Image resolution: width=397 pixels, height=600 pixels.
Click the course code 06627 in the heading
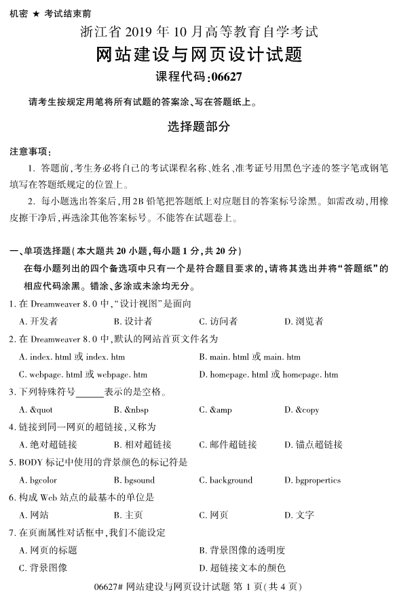point(224,77)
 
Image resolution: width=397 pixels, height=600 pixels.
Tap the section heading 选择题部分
point(198,126)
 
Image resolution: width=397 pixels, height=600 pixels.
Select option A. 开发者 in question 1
point(38,321)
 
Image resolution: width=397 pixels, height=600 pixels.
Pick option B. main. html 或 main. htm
point(250,357)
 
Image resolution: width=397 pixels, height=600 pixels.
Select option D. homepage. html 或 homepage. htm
point(268,374)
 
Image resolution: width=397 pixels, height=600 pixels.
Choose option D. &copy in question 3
point(302,409)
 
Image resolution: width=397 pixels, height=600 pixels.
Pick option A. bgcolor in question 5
point(38,480)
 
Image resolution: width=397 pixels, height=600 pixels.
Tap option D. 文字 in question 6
point(299,515)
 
